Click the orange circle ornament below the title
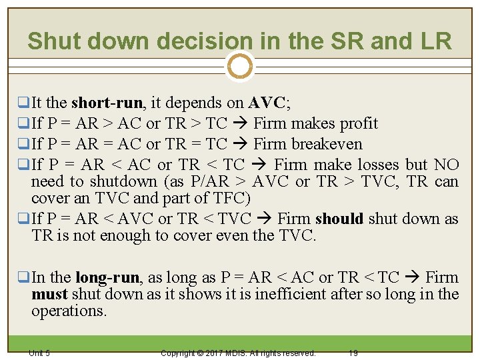pos(239,67)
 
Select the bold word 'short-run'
pos(107,103)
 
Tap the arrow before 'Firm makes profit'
pos(241,123)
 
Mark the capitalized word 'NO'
pos(446,165)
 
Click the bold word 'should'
pos(339,219)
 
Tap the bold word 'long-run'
pos(107,277)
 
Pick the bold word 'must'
pos(49,294)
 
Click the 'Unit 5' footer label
pos(39,353)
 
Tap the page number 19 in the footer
pos(353,353)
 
